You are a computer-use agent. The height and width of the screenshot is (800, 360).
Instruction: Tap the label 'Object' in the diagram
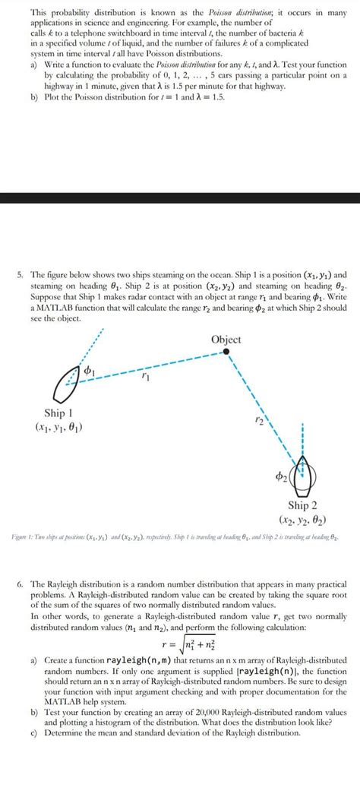point(226,340)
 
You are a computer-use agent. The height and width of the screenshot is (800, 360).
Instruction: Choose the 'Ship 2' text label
point(307,504)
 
